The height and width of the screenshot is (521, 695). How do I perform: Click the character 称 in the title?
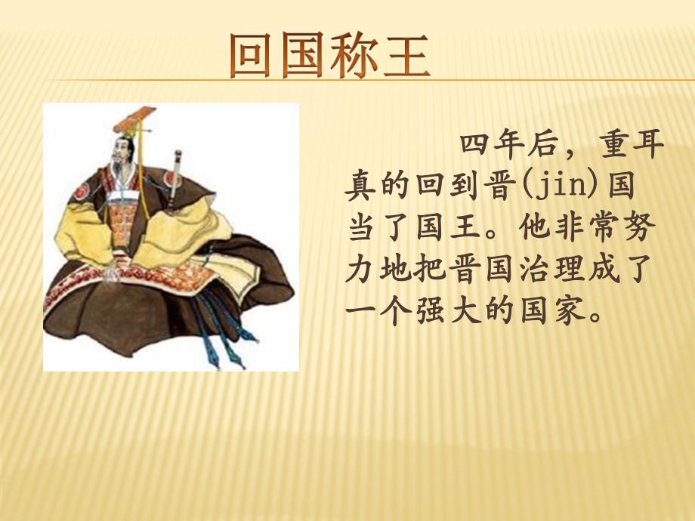pyautogui.click(x=355, y=56)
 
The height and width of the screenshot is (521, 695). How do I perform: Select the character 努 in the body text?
pyautogui.click(x=647, y=227)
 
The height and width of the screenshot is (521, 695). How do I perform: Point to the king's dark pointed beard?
pyautogui.click(x=119, y=168)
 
